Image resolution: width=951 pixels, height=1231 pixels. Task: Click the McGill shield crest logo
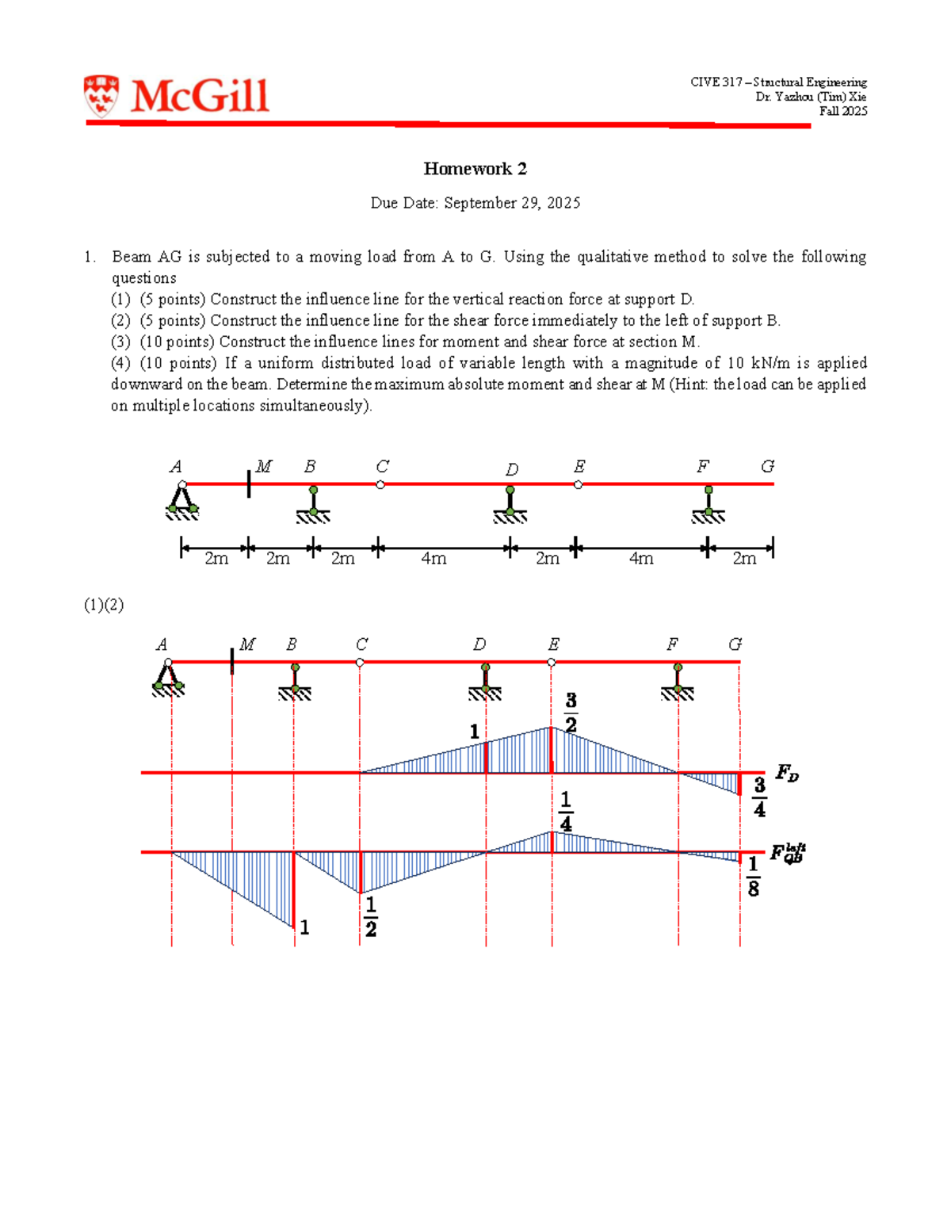point(101,96)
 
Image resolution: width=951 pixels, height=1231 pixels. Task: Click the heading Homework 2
point(475,169)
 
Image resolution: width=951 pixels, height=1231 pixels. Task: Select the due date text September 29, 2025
point(512,203)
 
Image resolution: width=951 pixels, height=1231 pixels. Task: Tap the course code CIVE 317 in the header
point(716,82)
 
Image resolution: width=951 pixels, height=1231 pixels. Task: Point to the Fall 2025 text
point(843,111)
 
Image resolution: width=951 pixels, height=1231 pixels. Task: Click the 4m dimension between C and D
point(433,558)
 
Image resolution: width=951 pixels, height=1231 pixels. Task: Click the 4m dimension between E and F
point(641,558)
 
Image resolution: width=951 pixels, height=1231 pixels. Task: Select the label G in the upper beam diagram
point(767,466)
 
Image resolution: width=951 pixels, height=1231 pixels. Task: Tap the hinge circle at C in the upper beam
point(380,484)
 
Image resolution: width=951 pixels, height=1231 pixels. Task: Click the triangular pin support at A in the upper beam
point(182,500)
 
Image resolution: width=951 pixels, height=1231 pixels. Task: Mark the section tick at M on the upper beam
point(249,484)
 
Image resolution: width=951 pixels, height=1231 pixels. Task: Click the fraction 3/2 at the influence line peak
point(571,713)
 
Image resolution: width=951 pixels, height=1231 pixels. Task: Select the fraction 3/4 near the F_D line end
point(759,797)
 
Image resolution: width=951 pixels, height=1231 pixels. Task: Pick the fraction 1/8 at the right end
point(753,877)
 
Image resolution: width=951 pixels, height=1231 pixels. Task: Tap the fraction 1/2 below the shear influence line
point(370,916)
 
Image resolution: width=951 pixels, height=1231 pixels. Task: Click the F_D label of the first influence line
point(786,773)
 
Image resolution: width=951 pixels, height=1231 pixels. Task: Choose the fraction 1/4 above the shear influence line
point(565,812)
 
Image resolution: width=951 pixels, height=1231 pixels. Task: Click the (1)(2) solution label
point(104,605)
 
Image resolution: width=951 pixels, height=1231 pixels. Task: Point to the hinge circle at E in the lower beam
point(552,662)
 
